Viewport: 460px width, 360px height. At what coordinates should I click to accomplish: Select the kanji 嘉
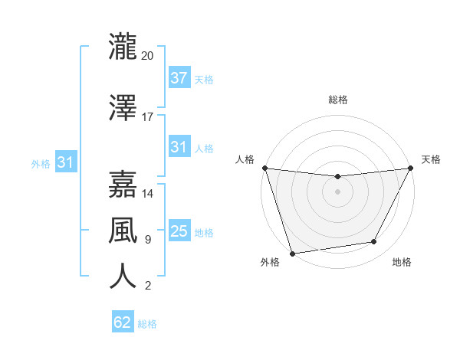coord(123,184)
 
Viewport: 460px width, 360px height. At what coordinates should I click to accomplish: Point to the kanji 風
coord(123,229)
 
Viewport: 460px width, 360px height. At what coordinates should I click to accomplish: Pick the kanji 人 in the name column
coord(123,275)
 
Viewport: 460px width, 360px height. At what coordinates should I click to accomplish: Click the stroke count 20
coord(147,56)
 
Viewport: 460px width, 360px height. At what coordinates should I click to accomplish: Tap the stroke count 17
coord(147,117)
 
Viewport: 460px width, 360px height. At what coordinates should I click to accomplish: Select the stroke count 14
coord(147,194)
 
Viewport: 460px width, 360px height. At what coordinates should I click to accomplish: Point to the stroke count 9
coord(147,240)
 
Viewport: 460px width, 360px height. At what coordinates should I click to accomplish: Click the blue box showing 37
coord(179,77)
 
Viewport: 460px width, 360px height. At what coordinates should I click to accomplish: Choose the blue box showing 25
coord(179,231)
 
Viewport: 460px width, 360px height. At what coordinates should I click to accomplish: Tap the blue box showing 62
coord(123,322)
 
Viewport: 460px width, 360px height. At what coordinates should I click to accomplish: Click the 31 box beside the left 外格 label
coord(65,162)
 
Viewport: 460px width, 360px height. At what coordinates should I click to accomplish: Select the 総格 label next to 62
coord(148,324)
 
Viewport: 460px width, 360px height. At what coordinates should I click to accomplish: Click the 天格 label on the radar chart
coord(431,159)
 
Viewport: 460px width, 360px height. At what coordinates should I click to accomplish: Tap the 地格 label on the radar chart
coord(402,263)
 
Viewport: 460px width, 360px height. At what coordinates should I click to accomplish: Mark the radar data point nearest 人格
coord(264,168)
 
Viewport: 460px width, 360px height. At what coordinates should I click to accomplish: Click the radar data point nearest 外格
coord(292,253)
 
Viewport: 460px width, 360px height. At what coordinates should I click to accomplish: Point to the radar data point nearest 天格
coord(410,168)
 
